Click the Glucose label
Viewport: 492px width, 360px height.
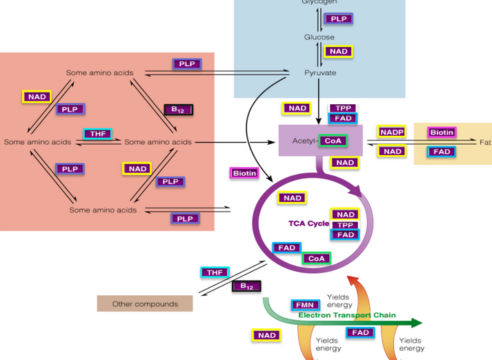(x=319, y=37)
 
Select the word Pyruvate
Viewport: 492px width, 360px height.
(x=320, y=72)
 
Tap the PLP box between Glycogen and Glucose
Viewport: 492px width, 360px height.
(x=338, y=19)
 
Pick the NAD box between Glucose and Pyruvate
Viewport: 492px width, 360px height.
(x=338, y=52)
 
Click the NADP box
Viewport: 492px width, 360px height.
(x=392, y=132)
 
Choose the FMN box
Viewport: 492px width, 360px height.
(x=304, y=305)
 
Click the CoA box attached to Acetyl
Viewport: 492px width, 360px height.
(x=333, y=141)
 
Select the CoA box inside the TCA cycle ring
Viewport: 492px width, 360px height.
(x=316, y=259)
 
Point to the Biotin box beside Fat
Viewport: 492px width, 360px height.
(x=442, y=132)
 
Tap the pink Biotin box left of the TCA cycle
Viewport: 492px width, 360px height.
(x=244, y=173)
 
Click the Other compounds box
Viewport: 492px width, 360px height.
(x=145, y=303)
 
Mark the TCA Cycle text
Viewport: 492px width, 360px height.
(x=308, y=223)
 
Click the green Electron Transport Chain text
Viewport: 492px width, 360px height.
(x=347, y=315)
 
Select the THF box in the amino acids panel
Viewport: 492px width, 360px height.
(x=97, y=134)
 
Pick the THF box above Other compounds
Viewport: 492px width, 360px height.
(x=215, y=272)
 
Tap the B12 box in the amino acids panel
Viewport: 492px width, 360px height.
(x=178, y=110)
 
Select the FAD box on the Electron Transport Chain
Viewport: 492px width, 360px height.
(x=360, y=332)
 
